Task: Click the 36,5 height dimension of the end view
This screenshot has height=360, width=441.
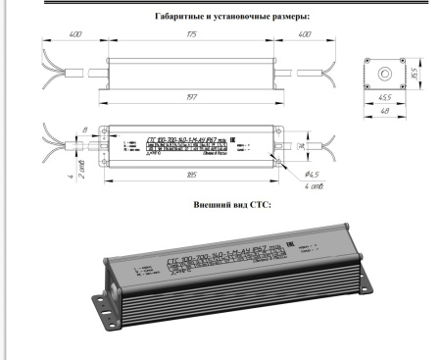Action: [x=413, y=72]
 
